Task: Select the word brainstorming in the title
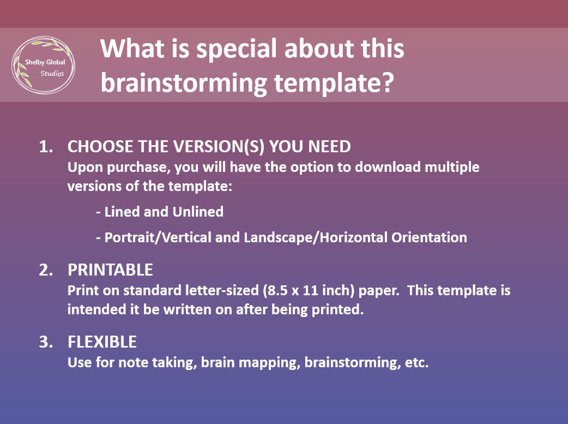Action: [184, 83]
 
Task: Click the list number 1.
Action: [45, 147]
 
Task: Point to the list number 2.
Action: [45, 270]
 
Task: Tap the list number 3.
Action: [45, 342]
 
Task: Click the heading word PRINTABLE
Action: [110, 270]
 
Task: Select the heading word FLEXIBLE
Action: [102, 342]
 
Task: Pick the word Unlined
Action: [198, 212]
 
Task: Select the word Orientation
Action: [429, 237]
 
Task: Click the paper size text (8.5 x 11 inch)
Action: [308, 290]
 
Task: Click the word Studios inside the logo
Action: [52, 73]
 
